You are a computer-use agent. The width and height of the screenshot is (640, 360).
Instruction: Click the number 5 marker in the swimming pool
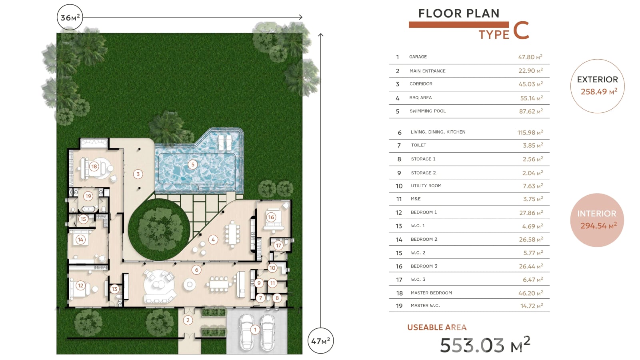(193, 164)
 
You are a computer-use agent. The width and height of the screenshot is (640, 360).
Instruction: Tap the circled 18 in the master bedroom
(94, 166)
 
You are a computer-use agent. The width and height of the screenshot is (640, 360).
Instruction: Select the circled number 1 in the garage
(255, 330)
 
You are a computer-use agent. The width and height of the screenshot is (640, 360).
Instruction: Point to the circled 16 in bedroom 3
(271, 217)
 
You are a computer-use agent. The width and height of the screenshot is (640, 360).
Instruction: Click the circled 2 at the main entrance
(188, 320)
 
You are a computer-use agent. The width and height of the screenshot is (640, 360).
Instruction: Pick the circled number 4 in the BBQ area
(213, 240)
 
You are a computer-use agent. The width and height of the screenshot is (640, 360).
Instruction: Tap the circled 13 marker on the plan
(114, 289)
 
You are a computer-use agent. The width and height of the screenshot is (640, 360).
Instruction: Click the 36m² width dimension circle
(70, 18)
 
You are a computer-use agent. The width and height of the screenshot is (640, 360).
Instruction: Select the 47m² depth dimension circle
(320, 341)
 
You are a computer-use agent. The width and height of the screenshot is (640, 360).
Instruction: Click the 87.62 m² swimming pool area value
(530, 111)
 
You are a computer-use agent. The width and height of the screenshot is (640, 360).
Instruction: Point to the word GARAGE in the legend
(418, 57)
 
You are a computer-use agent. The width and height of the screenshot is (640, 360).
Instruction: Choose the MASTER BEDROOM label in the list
(431, 293)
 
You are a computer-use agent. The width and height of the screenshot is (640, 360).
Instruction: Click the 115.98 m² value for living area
(530, 132)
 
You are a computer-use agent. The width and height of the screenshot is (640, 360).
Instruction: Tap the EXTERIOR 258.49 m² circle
(598, 86)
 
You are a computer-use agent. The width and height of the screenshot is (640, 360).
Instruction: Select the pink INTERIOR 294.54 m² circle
(597, 220)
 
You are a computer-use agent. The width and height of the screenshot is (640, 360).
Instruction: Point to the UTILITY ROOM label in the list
(426, 186)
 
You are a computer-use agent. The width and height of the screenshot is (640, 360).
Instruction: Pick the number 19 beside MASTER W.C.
(399, 306)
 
